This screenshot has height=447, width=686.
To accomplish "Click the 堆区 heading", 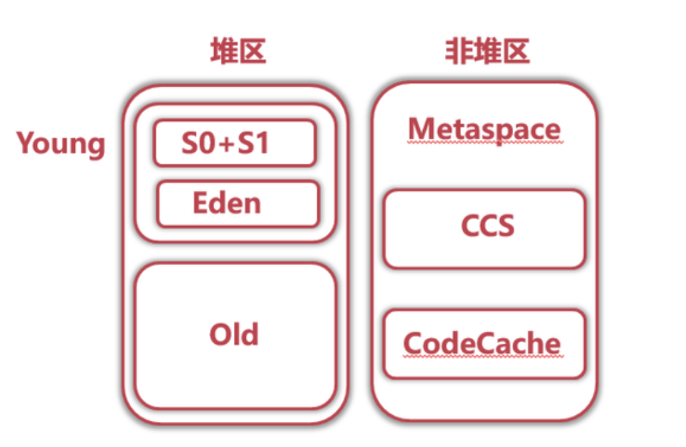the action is pos(238,51).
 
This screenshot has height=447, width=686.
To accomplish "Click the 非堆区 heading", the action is pos(487,51).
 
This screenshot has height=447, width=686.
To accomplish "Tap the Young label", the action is pos(60,143).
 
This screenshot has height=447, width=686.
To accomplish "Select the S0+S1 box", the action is pos(235,143).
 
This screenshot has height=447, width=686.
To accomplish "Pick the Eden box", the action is pos(237,204).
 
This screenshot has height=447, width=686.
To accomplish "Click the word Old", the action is pos(234,335).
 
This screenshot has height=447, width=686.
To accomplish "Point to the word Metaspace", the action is pos(484,129).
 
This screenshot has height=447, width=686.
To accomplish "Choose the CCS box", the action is pos(484,229).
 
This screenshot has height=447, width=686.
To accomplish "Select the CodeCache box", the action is pos(484,344).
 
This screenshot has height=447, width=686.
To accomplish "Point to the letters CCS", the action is pos(487,227).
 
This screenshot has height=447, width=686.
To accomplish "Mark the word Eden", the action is pos(227,203).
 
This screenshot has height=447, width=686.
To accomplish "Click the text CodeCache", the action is pos(482,344).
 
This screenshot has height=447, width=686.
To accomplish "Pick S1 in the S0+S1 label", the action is pos(253,143).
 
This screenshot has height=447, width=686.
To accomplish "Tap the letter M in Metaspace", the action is pos(420,129).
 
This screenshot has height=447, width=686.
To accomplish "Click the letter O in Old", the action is pos(219,335).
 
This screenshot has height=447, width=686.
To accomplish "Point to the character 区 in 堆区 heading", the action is pos(252,51).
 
